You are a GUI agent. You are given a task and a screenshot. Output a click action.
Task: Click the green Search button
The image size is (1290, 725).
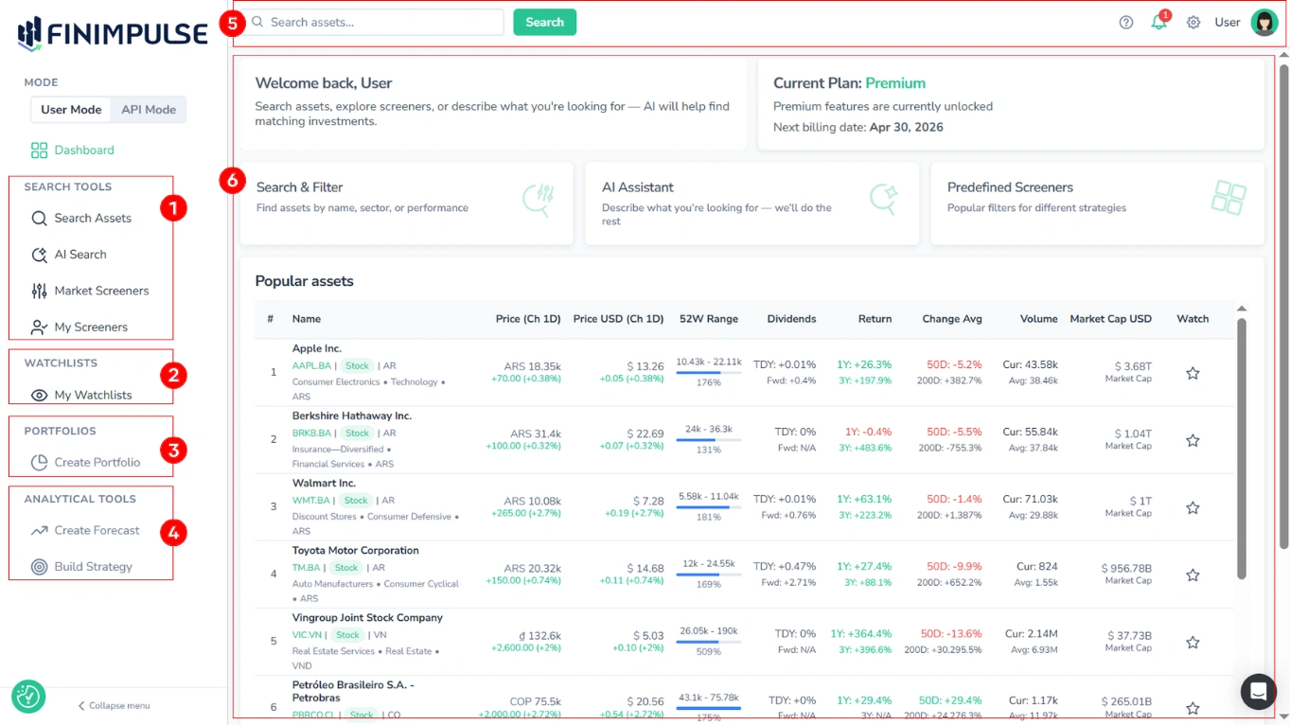(x=544, y=22)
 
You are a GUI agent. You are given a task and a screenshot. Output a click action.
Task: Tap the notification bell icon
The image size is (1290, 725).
(x=1158, y=22)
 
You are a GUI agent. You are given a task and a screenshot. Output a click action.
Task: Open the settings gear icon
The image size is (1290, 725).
(x=1193, y=23)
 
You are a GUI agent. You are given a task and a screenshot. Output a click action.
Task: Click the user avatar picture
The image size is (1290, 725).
(x=1263, y=22)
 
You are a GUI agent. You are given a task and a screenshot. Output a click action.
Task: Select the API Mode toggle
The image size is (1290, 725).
(x=149, y=110)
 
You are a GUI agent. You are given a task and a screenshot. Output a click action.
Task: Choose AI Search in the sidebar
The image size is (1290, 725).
(x=80, y=255)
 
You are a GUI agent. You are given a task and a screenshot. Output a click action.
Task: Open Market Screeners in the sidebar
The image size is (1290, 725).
(x=101, y=291)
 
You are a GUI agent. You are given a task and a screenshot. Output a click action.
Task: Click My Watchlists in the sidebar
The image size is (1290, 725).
(x=93, y=396)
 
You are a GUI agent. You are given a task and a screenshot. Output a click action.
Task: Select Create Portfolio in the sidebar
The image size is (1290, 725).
(x=97, y=463)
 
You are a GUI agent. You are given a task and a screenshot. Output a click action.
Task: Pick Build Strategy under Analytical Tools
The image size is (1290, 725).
(x=93, y=567)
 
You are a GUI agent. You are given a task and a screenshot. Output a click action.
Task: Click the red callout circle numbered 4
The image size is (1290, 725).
(x=172, y=533)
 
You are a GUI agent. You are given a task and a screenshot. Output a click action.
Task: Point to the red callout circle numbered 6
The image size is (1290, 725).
(x=232, y=180)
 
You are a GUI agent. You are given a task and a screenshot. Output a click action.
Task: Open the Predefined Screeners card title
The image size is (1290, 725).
(x=1010, y=187)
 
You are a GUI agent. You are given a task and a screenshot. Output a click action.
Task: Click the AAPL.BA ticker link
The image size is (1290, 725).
(x=311, y=366)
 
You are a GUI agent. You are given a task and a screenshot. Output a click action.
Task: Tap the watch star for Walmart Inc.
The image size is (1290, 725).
(x=1193, y=508)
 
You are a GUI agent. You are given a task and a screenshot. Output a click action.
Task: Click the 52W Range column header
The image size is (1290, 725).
(x=708, y=319)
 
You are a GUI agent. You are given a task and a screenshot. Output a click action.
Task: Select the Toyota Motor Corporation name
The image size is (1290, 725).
(x=355, y=551)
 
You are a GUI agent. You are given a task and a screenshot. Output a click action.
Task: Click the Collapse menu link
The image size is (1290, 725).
(x=118, y=706)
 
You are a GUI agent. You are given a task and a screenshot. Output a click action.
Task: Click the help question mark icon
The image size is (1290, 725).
(x=1125, y=23)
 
